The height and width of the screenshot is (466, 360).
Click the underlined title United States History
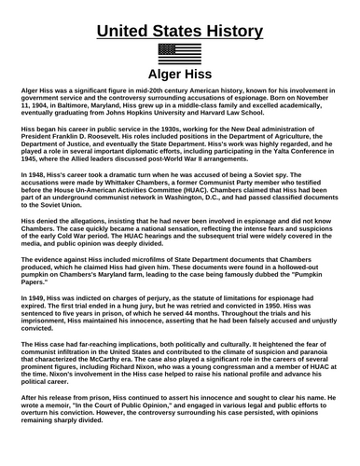pyautogui.click(x=180, y=20)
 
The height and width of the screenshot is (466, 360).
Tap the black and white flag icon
pyautogui.click(x=180, y=52)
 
